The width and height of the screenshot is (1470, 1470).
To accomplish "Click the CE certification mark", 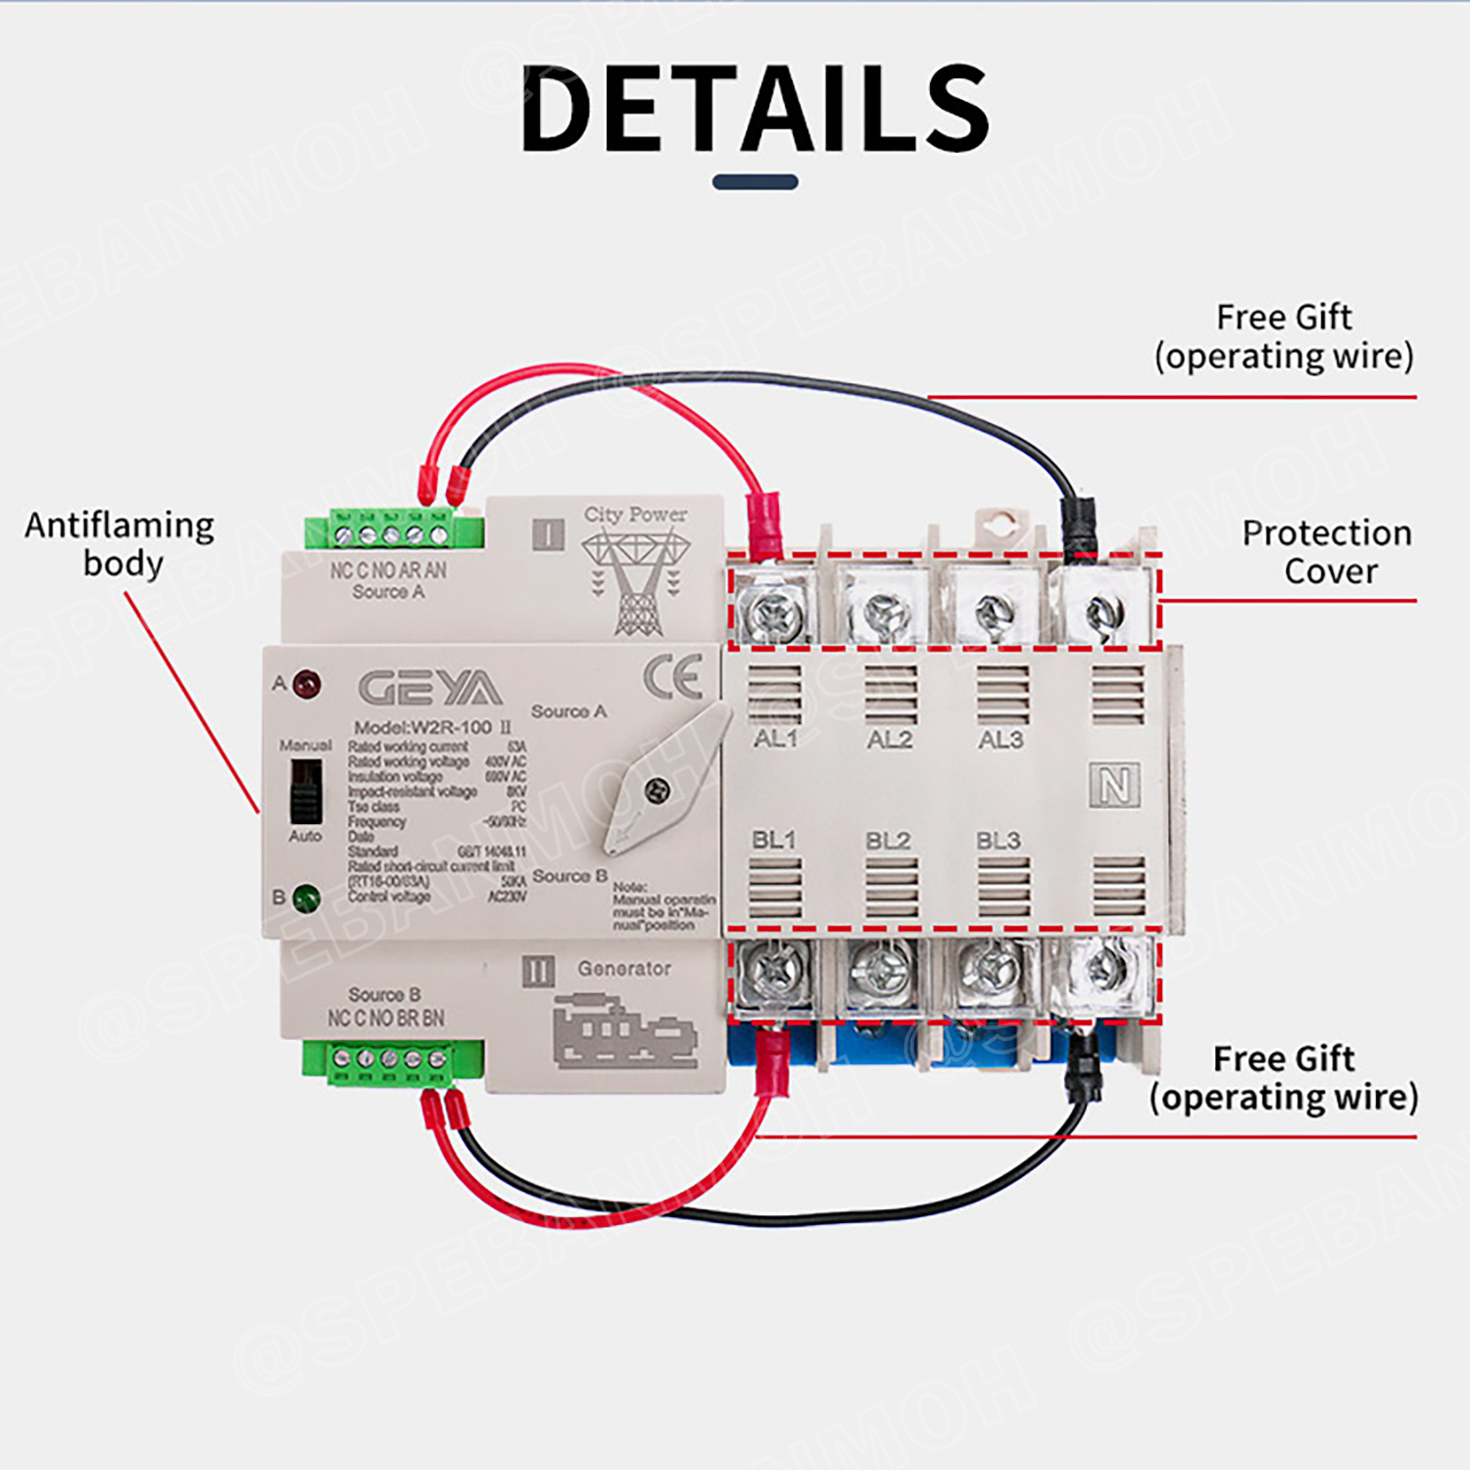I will [672, 676].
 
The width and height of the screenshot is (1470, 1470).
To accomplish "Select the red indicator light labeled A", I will [307, 683].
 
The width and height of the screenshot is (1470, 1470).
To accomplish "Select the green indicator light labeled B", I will [307, 897].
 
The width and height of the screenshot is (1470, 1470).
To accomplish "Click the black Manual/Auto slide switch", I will [306, 791].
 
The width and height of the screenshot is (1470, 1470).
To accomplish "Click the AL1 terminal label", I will [775, 739].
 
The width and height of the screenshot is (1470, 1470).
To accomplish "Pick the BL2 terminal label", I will [888, 841].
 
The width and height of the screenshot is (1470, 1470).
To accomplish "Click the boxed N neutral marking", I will [1114, 786].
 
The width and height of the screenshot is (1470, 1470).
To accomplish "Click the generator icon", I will [624, 1032].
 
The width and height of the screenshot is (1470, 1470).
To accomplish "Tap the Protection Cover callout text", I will [1327, 552].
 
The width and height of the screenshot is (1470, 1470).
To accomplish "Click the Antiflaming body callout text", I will [120, 544].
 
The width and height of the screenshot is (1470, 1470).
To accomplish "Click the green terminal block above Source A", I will [392, 532].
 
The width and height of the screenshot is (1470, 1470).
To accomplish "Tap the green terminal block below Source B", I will [392, 1061].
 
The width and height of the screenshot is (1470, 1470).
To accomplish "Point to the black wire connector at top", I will [1078, 529].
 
